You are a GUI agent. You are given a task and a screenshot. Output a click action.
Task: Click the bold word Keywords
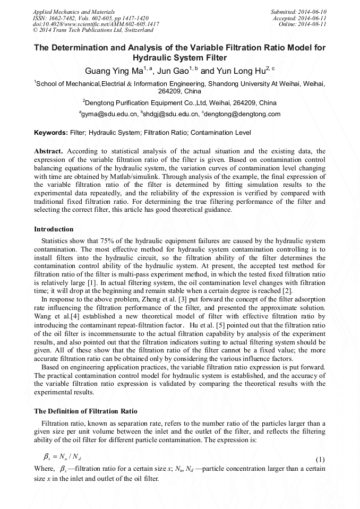(x=51, y=133)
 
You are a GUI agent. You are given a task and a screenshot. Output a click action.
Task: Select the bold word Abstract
(x=48, y=151)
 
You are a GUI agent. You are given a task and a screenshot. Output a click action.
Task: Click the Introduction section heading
(x=54, y=229)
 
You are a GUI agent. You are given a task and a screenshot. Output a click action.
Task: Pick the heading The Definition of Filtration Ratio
(x=85, y=411)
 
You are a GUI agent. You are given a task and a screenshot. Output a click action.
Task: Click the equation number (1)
(x=320, y=459)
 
